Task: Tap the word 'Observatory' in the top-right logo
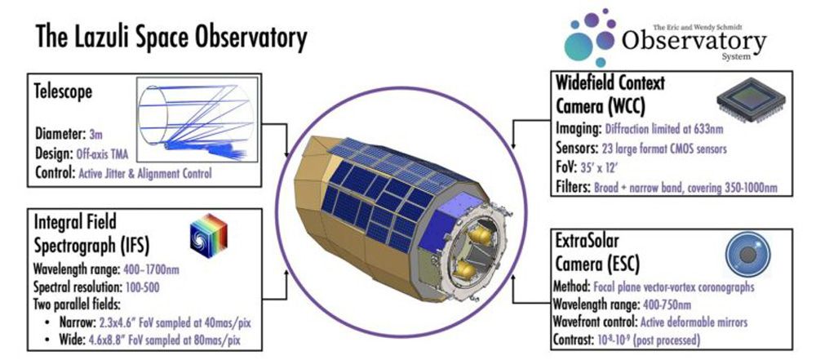point(694,39)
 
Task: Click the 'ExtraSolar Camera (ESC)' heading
point(605,251)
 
